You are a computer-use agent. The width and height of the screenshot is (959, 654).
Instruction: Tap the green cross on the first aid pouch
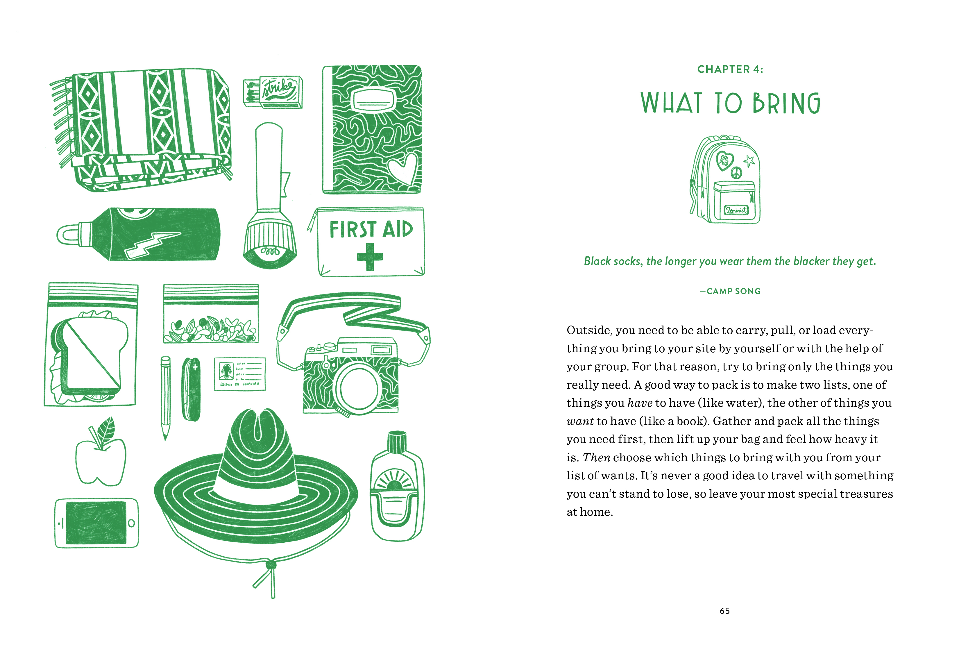point(369,257)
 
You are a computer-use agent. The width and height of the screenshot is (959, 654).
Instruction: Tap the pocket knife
point(191,389)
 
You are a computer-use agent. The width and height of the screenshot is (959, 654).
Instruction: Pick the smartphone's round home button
point(131,523)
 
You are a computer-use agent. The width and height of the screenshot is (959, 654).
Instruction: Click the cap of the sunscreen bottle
point(397,442)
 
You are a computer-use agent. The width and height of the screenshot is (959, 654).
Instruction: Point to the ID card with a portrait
point(240,374)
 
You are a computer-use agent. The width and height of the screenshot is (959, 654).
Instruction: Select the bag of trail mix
point(211,314)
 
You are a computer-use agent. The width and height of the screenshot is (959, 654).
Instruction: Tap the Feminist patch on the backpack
point(736,210)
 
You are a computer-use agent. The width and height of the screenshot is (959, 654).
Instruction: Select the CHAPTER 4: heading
point(730,69)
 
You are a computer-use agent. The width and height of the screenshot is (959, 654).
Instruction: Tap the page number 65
point(724,611)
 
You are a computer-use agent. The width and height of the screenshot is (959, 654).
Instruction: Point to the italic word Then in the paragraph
point(596,458)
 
